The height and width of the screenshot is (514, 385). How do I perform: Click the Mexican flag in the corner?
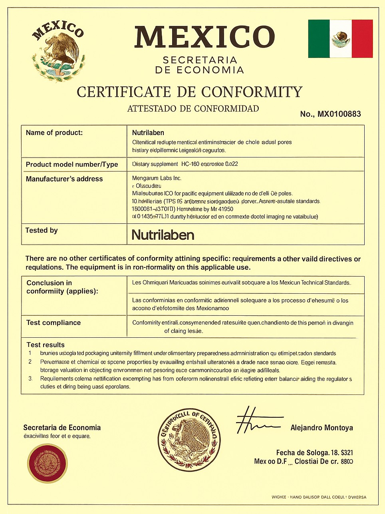pyautogui.click(x=340, y=39)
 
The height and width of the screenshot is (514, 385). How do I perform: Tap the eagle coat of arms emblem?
pyautogui.click(x=59, y=52)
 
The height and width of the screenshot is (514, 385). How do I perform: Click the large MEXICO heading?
pyautogui.click(x=204, y=37)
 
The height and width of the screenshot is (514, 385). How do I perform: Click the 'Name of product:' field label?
pyautogui.click(x=54, y=133)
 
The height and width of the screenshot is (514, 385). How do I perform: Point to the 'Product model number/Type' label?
pyautogui.click(x=72, y=164)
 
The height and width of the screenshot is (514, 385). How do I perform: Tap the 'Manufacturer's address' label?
pyautogui.click(x=64, y=179)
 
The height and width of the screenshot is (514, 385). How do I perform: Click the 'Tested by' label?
pyautogui.click(x=42, y=230)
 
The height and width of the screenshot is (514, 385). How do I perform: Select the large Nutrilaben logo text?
pyautogui.click(x=163, y=235)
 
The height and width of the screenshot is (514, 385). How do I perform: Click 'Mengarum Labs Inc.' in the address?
pyautogui.click(x=157, y=178)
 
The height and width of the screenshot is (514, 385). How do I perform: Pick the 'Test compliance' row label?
pyautogui.click(x=54, y=323)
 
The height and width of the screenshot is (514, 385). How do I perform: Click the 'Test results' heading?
pyautogui.click(x=46, y=345)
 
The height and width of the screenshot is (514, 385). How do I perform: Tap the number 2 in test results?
pyautogui.click(x=30, y=362)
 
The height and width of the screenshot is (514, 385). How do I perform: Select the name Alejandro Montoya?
pyautogui.click(x=321, y=428)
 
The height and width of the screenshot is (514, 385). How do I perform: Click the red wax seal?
pyautogui.click(x=47, y=463)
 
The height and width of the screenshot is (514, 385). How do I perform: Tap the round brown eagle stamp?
pyautogui.click(x=189, y=439)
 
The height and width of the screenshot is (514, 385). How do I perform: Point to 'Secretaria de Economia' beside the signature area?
pyautogui.click(x=62, y=428)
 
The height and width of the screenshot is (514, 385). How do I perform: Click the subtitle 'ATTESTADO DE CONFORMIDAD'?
pyautogui.click(x=193, y=109)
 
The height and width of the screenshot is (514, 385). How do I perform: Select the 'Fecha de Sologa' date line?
pyautogui.click(x=314, y=453)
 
